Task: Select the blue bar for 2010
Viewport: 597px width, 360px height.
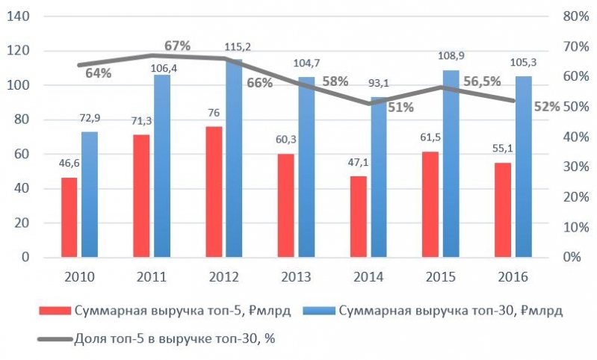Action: click(x=90, y=194)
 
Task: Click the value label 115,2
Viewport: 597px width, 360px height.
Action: click(x=237, y=47)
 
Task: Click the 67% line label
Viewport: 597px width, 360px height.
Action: click(x=178, y=46)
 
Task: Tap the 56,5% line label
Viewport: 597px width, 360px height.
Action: click(x=481, y=82)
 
